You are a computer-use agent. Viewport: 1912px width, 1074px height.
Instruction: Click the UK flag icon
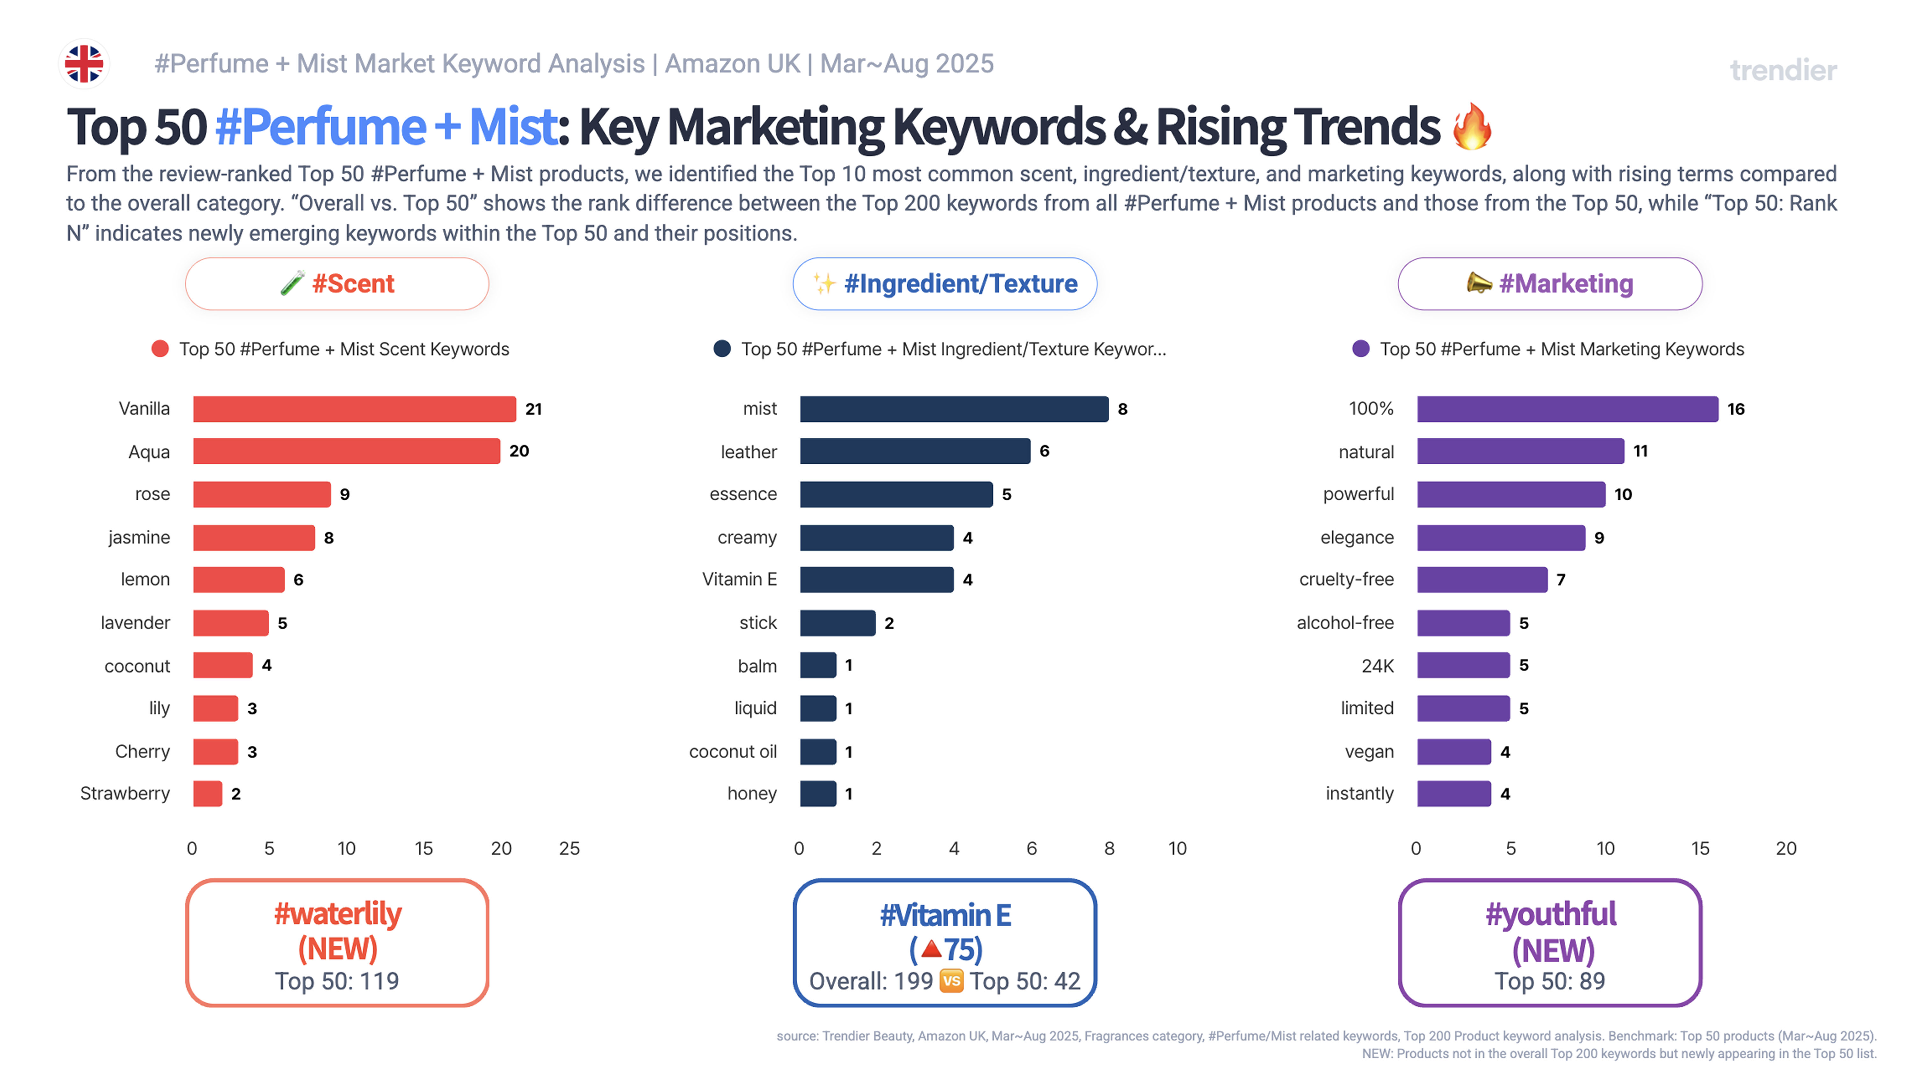pos(84,64)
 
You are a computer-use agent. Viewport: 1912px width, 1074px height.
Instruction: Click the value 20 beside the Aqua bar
pos(519,451)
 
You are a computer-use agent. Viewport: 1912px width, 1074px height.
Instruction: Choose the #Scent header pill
pos(337,284)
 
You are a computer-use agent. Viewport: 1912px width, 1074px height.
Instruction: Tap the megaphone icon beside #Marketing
pos(1479,283)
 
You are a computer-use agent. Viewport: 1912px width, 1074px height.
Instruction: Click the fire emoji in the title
pos(1471,126)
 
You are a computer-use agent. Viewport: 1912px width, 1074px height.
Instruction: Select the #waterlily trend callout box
pos(337,943)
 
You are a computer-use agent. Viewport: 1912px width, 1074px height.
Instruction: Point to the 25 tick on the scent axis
pos(569,848)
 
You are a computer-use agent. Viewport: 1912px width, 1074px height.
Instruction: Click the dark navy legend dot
pos(721,349)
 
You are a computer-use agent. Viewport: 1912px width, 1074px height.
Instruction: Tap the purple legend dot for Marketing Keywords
pos(1360,349)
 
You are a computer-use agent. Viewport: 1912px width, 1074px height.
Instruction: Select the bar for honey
pos(818,794)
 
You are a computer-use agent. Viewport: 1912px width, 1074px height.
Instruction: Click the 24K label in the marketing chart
pos(1378,666)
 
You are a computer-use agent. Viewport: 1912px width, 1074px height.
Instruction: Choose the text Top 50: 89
pos(1550,981)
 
